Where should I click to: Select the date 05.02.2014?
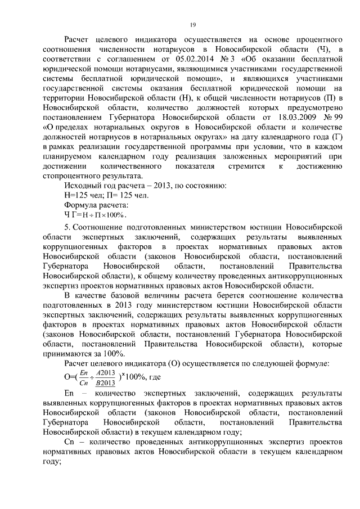click(194, 57)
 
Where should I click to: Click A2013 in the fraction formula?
click(105, 372)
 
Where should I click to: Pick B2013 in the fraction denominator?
click(105, 383)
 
